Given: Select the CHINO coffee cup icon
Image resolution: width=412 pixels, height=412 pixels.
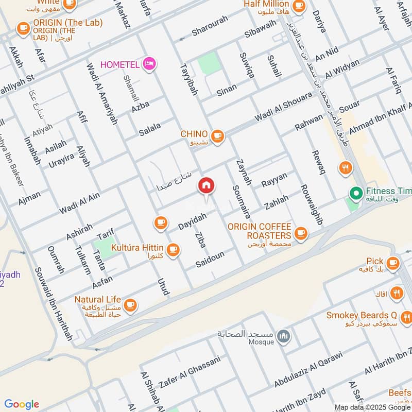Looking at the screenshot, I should (x=217, y=135).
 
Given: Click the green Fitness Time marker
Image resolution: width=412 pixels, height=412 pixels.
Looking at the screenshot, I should (x=355, y=194).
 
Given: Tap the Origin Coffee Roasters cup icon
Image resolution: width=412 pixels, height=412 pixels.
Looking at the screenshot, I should (x=301, y=234).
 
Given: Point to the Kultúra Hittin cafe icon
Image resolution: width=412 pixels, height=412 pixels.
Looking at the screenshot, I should (x=173, y=249).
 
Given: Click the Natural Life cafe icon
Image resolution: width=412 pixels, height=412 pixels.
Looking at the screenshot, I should (x=130, y=304).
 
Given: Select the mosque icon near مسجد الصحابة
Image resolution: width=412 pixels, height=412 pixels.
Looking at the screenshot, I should (x=282, y=337).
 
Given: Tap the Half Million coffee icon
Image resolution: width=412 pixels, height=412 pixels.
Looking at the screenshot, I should (x=298, y=6).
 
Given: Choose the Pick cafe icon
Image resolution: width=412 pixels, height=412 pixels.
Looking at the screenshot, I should (x=393, y=263).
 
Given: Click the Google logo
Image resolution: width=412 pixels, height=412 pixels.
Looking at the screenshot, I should (x=22, y=404).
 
